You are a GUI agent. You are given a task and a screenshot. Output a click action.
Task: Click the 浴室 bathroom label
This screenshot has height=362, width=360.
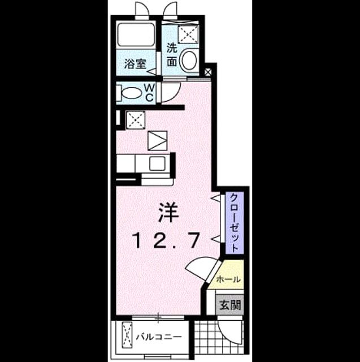coord(136,64)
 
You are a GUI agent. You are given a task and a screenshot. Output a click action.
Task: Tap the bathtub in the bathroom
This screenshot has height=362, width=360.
coord(136,35)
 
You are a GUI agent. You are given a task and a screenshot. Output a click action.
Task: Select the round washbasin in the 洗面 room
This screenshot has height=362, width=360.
coord(189,60)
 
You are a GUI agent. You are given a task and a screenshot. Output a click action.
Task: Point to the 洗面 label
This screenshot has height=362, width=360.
coord(172,55)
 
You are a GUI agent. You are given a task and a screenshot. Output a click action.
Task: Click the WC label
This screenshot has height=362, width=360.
coord(149,93)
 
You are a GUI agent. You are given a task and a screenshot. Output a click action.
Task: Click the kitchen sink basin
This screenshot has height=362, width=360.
coord(157,163)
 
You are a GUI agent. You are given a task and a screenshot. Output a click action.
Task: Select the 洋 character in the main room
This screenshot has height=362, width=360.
coord(168,212)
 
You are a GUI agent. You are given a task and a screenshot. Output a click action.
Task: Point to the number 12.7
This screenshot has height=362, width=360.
coord(166,240)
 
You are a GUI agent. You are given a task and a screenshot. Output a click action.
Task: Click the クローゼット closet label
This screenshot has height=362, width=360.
coord(235,223)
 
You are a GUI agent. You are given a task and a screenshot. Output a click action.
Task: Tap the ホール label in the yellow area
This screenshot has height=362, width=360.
coord(228,279)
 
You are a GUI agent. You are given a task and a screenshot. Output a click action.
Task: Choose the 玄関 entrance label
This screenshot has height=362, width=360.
coord(230,305)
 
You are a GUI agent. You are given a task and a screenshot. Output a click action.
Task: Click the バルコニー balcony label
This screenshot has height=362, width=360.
coord(159,337)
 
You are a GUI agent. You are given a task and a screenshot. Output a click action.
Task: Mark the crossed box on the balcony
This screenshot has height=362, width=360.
coord(127,335)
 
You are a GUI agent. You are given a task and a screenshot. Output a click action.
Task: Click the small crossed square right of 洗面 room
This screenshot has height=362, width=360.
coord(208,72)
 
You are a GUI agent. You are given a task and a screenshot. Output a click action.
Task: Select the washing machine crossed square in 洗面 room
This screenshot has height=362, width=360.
coord(188,35)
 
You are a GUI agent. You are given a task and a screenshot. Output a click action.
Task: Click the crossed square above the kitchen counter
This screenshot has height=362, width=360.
coord(136,120)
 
